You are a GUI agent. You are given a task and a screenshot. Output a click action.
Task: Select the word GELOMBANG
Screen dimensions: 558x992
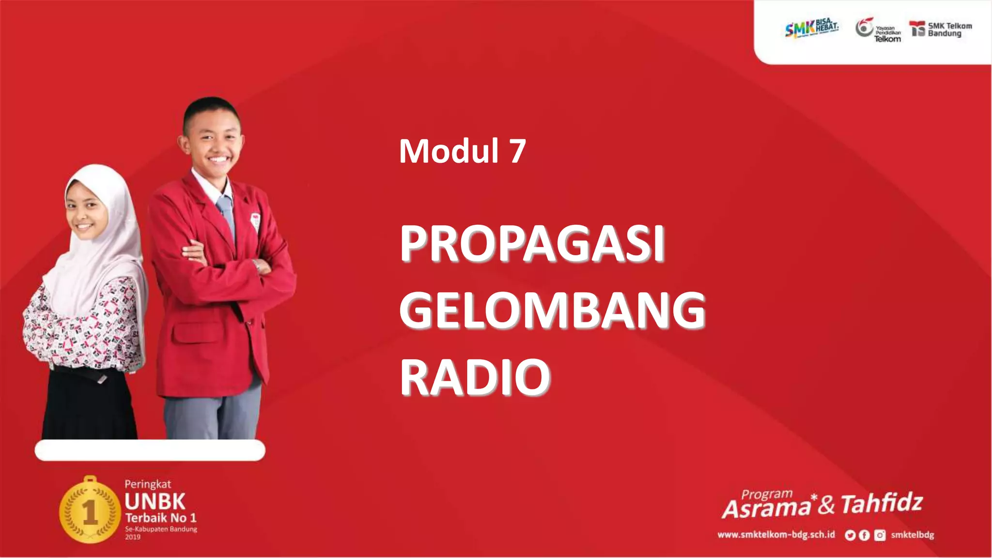(x=552, y=310)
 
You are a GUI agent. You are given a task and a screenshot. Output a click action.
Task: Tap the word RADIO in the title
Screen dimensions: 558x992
(x=475, y=377)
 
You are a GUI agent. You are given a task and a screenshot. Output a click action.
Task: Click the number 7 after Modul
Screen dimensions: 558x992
(x=517, y=151)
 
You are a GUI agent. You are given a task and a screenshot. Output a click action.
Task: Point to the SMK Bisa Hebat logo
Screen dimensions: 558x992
(x=811, y=29)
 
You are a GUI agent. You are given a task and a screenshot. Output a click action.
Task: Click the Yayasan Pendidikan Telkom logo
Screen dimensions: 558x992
(x=878, y=30)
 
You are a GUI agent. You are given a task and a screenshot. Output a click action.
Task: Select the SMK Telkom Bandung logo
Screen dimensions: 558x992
(x=940, y=30)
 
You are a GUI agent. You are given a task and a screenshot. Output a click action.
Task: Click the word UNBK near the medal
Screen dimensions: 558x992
(x=155, y=502)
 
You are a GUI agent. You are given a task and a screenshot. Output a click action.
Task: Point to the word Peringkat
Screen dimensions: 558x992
(x=148, y=484)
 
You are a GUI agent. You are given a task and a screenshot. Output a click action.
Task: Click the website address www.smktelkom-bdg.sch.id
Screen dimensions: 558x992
(x=776, y=535)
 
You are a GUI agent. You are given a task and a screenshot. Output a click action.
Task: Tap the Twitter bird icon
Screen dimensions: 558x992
(x=850, y=535)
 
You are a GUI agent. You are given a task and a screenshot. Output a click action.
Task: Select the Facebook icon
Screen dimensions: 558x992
(x=864, y=535)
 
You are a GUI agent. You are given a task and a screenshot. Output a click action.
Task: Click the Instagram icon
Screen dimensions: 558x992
(x=880, y=535)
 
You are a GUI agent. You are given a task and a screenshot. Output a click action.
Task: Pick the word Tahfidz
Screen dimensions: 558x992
(x=882, y=504)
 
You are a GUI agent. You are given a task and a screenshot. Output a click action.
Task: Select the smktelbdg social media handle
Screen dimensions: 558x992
(x=912, y=535)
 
